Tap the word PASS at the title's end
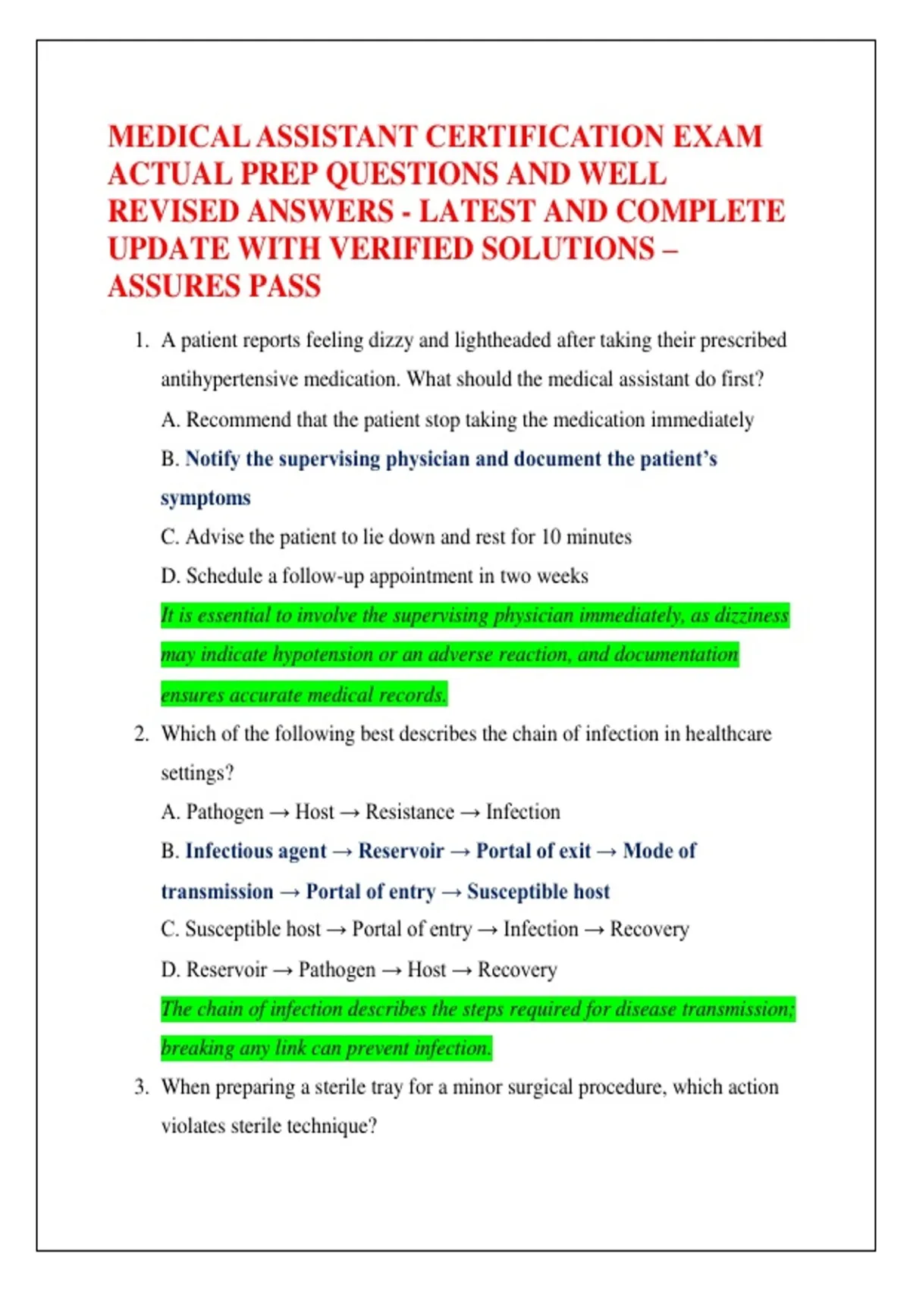point(285,287)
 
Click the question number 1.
point(141,340)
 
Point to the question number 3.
point(141,1087)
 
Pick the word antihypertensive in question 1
point(229,379)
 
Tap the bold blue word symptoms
point(206,498)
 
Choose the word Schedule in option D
point(224,576)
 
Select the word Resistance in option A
point(409,812)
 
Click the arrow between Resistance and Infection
point(470,813)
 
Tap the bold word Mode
point(648,851)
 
